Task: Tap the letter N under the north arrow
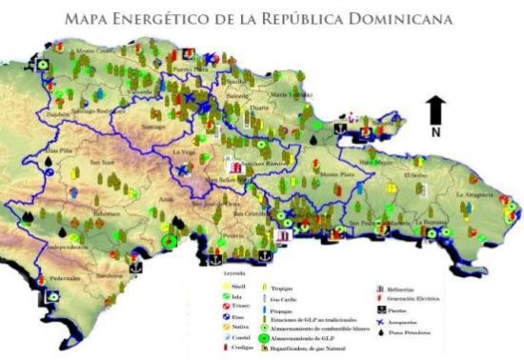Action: click(x=434, y=132)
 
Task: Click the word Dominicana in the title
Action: click(x=400, y=17)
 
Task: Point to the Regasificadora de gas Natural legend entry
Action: click(x=309, y=349)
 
